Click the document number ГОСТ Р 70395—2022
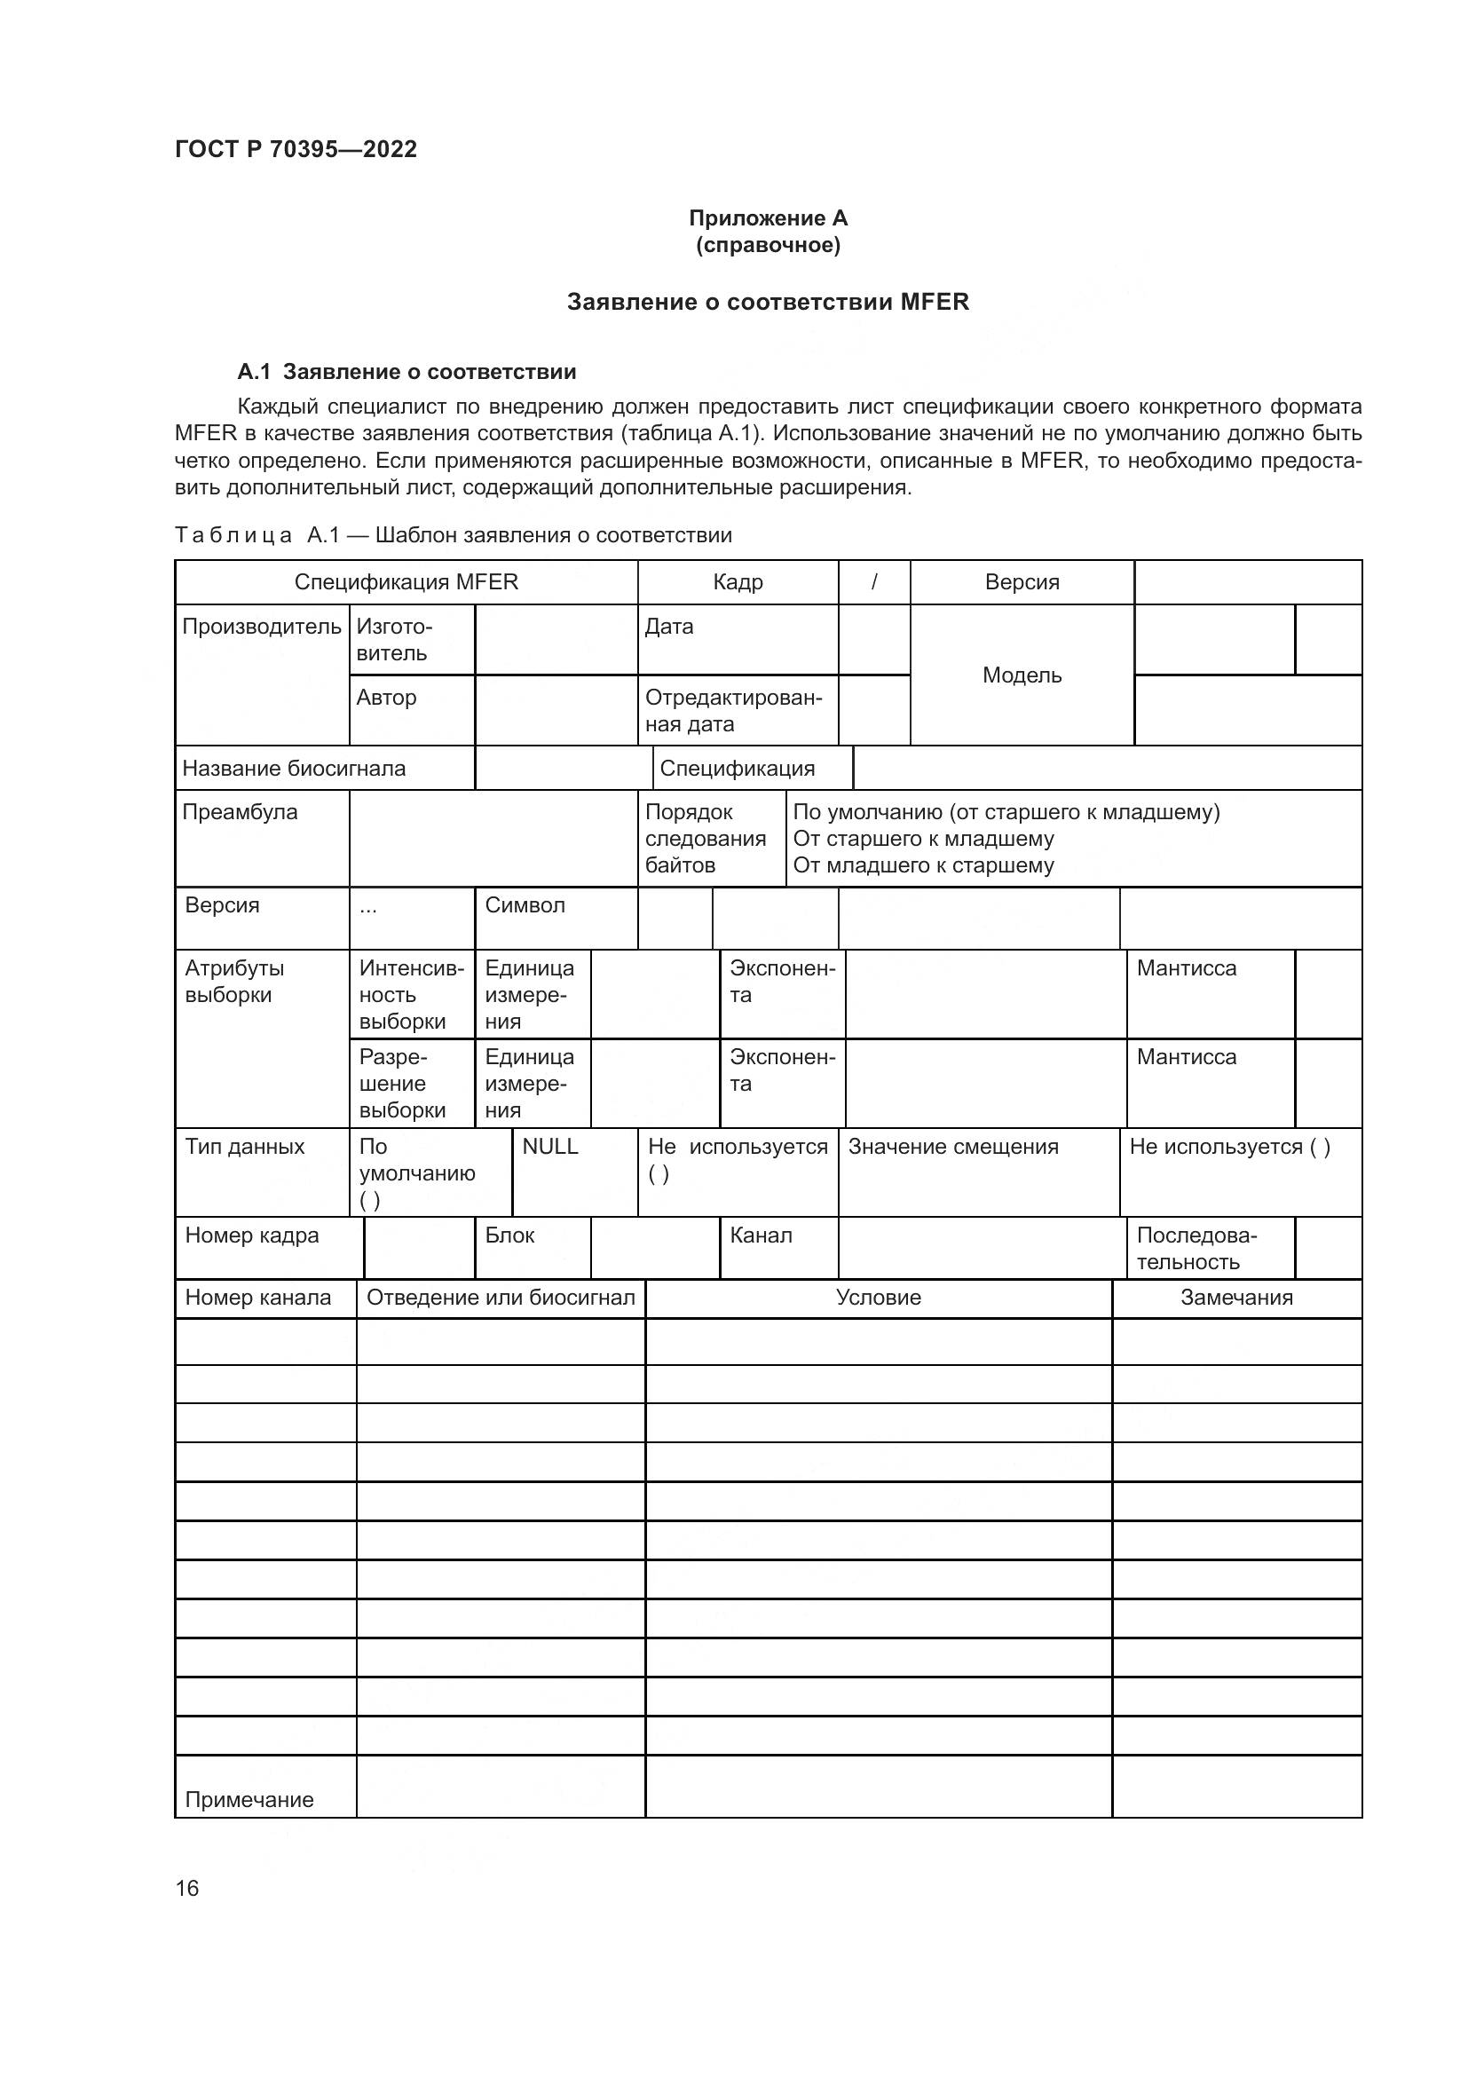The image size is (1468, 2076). (296, 149)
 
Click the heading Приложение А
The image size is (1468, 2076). (768, 218)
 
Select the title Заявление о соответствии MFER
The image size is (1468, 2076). (768, 302)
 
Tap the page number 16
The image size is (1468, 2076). (187, 1888)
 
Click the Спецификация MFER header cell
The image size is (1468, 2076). (406, 582)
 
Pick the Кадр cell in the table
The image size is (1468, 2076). (738, 582)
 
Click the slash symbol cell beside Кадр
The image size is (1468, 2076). (874, 582)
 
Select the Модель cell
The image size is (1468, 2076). (1022, 675)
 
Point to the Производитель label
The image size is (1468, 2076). (261, 627)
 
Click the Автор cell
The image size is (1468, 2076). (387, 697)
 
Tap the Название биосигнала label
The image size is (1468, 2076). (294, 769)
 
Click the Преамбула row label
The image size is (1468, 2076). (240, 812)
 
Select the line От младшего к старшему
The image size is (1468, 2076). (923, 865)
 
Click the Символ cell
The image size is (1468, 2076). (525, 905)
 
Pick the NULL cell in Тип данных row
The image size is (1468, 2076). (549, 1147)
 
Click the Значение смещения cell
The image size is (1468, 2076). (952, 1147)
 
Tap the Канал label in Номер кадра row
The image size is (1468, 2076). (762, 1235)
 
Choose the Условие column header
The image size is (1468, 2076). (878, 1298)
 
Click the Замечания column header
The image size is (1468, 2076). (1235, 1298)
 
